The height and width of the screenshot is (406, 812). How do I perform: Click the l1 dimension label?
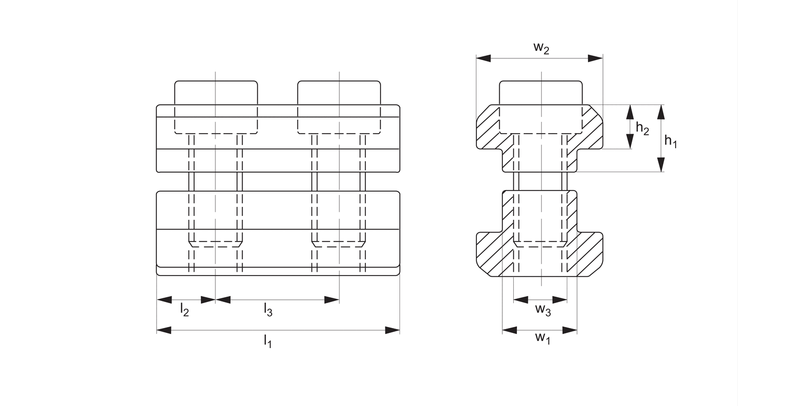pos(267,341)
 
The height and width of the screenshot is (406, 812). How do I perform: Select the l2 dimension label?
pos(184,310)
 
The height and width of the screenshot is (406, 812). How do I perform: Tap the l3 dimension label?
pos(268,310)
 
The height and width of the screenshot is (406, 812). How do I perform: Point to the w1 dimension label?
pos(542,339)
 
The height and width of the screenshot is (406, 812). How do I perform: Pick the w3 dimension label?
pos(543,310)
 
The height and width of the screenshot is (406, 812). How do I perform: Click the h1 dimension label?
pos(671,142)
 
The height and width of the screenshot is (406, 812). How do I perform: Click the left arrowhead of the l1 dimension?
pos(164,330)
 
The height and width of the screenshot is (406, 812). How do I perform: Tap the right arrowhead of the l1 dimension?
pos(392,330)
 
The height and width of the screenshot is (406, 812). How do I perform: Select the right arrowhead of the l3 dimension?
pos(332,299)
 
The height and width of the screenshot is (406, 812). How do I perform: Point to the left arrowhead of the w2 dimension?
pos(483,58)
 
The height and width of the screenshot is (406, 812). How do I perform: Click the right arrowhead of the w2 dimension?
pos(595,58)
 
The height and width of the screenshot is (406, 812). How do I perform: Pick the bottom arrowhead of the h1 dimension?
pos(660,165)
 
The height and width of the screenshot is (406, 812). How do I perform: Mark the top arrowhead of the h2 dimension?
pos(630,112)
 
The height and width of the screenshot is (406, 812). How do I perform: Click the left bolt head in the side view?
pos(215,93)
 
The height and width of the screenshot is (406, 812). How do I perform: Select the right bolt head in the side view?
pos(339,93)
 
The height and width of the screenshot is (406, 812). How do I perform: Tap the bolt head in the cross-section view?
pos(541,93)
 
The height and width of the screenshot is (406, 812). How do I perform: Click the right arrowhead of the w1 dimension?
pos(570,330)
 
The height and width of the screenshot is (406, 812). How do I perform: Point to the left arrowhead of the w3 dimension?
pos(520,299)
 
